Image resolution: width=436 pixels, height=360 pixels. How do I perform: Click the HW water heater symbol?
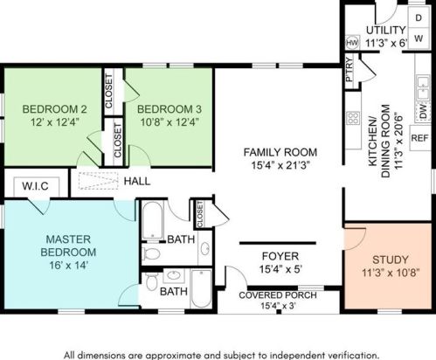click(x=352, y=43)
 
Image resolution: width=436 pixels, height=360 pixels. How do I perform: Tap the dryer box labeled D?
click(x=419, y=17)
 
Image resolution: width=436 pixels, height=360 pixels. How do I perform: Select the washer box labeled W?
click(x=419, y=38)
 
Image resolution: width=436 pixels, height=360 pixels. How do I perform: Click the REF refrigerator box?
click(x=420, y=138)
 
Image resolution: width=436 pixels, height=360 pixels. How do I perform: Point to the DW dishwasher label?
click(x=424, y=112)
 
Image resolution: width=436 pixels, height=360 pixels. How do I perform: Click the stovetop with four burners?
click(x=353, y=118)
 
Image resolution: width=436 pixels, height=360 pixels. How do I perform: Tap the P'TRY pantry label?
click(x=349, y=69)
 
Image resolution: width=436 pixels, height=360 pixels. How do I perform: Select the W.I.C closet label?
click(x=35, y=186)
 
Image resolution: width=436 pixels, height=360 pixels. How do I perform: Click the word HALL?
click(x=137, y=181)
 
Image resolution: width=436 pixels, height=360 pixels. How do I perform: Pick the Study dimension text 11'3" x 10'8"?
click(x=391, y=273)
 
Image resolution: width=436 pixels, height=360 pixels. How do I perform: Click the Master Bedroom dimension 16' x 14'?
click(x=69, y=266)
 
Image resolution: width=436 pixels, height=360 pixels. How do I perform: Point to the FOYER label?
click(x=280, y=256)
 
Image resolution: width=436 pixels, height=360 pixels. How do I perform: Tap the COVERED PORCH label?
click(x=278, y=295)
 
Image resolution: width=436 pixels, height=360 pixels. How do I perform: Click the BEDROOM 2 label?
click(x=54, y=109)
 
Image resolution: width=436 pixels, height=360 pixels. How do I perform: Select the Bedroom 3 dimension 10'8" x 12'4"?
click(x=170, y=121)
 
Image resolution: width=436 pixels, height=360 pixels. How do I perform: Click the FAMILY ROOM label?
click(x=280, y=152)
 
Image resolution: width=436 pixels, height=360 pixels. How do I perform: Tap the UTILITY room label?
click(x=385, y=30)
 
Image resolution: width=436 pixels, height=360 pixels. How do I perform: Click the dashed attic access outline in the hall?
click(x=98, y=181)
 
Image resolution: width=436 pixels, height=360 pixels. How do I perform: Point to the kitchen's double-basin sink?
click(x=423, y=88)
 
